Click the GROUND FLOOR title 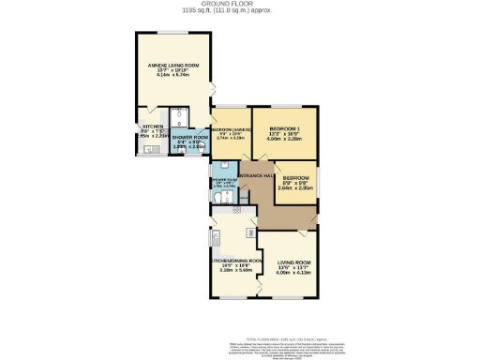239,4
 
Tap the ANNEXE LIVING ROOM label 171,65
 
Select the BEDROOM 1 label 284,127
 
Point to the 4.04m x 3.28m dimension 284,138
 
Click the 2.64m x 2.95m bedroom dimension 296,188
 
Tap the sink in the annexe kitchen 149,148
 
